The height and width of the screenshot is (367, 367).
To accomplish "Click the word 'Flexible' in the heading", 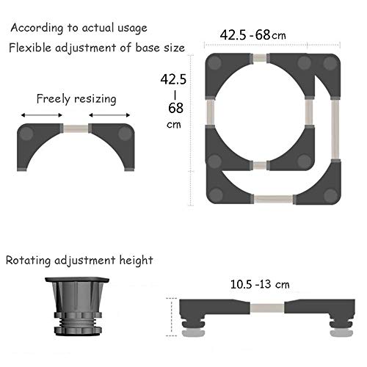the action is [30, 48].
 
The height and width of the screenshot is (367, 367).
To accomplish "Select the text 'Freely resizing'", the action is [76, 99].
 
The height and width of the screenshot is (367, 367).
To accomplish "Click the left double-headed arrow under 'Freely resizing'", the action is [42, 115].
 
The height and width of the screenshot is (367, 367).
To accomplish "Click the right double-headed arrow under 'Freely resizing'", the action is [109, 115].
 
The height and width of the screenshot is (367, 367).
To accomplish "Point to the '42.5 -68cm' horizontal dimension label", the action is [252, 35].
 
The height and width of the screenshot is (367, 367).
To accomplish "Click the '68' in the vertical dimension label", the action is [175, 108].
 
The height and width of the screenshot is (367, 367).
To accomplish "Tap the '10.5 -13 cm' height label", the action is [260, 284].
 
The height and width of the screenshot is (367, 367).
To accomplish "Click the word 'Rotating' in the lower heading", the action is [28, 261].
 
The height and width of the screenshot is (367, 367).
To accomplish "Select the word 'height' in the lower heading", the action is [136, 261].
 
